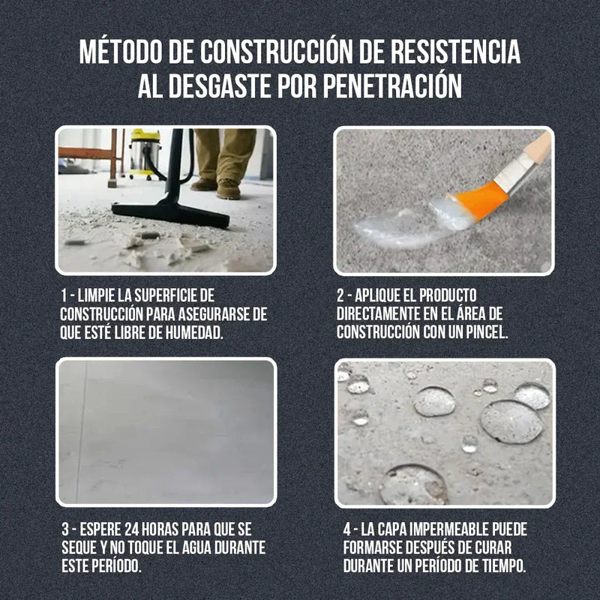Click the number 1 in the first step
(x=64, y=295)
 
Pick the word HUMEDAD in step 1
(x=195, y=332)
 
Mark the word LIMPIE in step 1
(x=100, y=295)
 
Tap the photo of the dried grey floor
(x=166, y=432)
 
